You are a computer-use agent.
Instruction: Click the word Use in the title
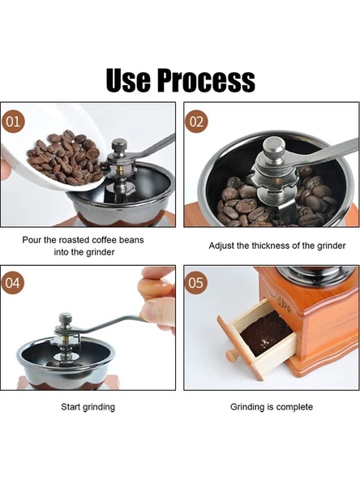tap(128, 80)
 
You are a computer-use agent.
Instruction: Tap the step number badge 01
tap(13, 122)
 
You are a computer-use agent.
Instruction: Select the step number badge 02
tap(196, 122)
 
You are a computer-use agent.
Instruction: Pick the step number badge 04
tap(13, 283)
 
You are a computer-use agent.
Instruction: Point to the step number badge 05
tap(196, 283)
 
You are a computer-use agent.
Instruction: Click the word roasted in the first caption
tap(74, 240)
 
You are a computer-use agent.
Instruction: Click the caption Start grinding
tap(88, 407)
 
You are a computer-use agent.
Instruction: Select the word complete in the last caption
tap(294, 407)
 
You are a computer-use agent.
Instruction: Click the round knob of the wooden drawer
tap(231, 356)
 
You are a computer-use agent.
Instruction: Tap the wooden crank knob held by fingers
tap(155, 289)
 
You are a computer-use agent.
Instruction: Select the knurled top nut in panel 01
tap(119, 146)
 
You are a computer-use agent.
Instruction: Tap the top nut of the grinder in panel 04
tap(66, 319)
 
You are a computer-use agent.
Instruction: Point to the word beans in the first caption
tap(131, 240)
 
